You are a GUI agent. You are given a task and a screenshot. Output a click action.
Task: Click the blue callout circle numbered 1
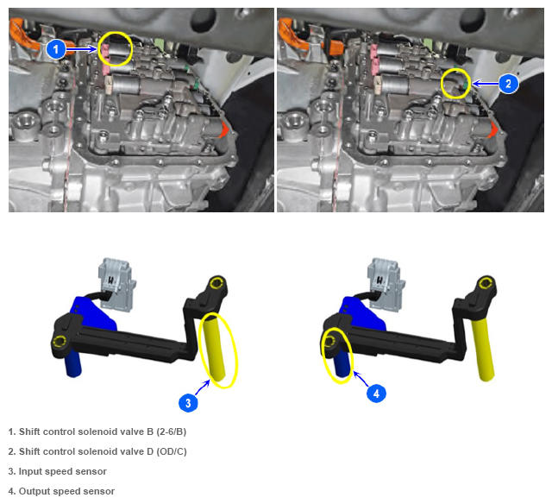[x=56, y=48]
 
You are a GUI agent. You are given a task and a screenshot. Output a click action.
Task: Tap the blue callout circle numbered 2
[x=508, y=84]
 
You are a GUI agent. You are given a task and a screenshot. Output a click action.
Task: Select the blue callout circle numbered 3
[x=188, y=402]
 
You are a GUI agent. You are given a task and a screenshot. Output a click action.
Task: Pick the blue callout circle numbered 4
[x=376, y=393]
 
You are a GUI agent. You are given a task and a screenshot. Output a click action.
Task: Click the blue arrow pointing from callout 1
[x=82, y=49]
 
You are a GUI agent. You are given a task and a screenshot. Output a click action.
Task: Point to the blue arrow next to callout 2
[x=485, y=84]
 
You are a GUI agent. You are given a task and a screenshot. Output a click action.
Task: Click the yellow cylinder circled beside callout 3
[x=216, y=349]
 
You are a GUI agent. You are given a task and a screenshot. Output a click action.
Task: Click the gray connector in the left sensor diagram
[x=116, y=285]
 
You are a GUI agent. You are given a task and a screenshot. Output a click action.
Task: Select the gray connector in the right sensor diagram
[x=385, y=285]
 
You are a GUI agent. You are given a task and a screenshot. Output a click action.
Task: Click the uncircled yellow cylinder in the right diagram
[x=483, y=349]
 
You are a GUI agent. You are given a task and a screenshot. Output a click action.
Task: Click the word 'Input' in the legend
[x=30, y=471]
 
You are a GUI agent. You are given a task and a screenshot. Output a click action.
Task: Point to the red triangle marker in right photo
[x=492, y=129]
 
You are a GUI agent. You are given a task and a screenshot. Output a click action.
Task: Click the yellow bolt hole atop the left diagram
[x=216, y=283]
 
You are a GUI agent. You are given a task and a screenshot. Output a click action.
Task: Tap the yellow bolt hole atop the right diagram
[x=485, y=283]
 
